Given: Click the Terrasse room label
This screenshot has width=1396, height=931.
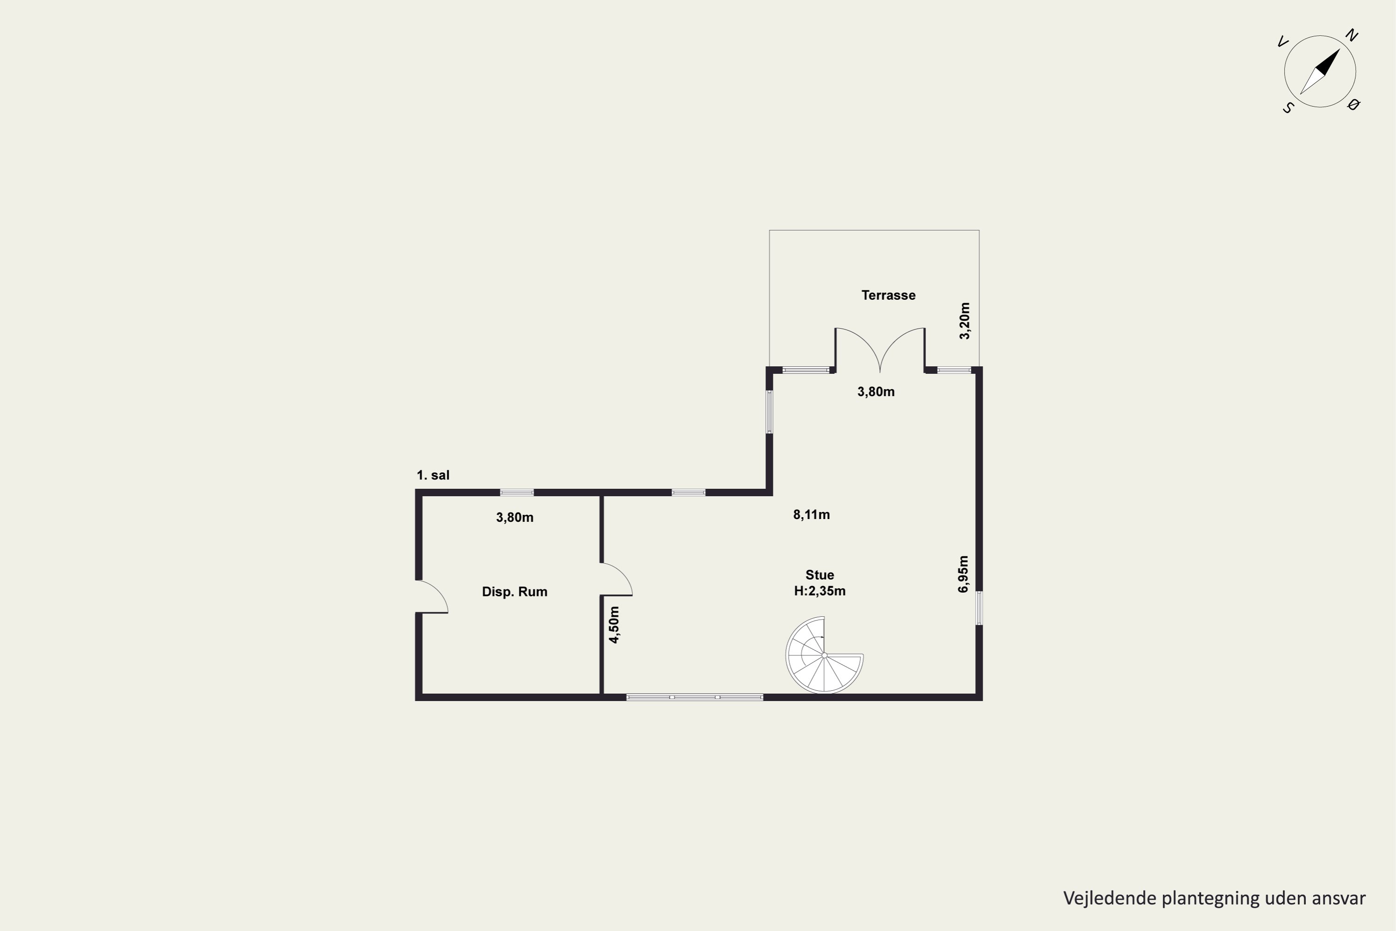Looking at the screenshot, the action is point(888,295).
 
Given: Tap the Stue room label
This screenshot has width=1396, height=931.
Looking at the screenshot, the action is point(819,575).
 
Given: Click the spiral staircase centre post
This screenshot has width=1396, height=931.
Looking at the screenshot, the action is point(825,655).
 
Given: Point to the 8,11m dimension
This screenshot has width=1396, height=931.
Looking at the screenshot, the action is point(812,515).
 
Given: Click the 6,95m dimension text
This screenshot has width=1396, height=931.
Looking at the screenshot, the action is point(963,574).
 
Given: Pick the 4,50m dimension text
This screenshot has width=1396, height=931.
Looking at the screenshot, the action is point(614,625).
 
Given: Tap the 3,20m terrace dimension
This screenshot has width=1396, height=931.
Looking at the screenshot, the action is point(965,321).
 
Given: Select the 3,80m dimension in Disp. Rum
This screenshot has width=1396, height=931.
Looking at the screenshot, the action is point(515,518).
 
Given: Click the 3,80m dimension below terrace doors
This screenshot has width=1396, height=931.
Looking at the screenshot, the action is point(876,392).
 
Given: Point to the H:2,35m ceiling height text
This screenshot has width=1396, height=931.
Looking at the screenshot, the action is point(819,591).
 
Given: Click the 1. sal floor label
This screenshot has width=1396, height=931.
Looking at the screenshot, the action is point(433,475).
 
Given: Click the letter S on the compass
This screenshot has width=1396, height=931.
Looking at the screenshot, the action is point(1288,108).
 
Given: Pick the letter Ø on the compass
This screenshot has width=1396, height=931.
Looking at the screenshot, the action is point(1353,105).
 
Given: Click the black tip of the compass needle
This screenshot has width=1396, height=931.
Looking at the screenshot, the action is point(1340,49).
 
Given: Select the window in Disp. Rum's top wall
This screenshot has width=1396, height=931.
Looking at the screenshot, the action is point(517,492).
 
